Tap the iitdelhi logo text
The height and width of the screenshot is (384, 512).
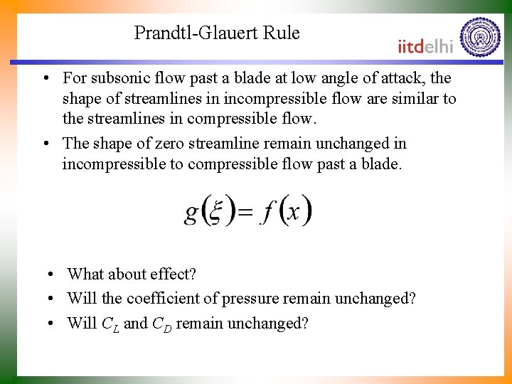coord(426,46)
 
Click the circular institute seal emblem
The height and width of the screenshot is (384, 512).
coord(480,37)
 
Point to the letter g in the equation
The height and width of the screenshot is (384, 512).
coord(191,213)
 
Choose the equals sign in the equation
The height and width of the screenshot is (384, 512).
coord(244,212)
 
